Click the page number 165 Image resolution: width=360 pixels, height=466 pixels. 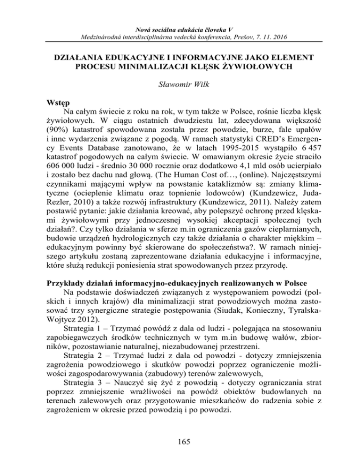click(180, 439)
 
